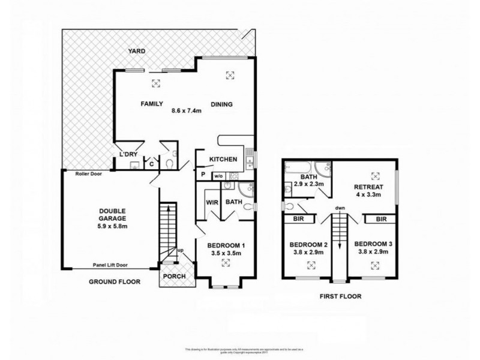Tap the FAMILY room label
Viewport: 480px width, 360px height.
pos(152,103)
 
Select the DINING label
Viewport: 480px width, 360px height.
pos(221,104)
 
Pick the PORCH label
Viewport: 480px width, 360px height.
pos(175,276)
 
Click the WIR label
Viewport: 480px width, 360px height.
pos(210,202)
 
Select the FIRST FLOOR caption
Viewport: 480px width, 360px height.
pos(340,296)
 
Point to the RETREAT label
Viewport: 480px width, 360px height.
pos(369,187)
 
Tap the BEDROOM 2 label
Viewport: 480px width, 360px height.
pos(308,244)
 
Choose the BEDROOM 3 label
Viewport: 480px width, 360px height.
pos(373,244)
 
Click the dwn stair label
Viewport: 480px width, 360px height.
pos(340,209)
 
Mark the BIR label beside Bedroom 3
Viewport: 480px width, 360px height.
pos(380,220)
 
